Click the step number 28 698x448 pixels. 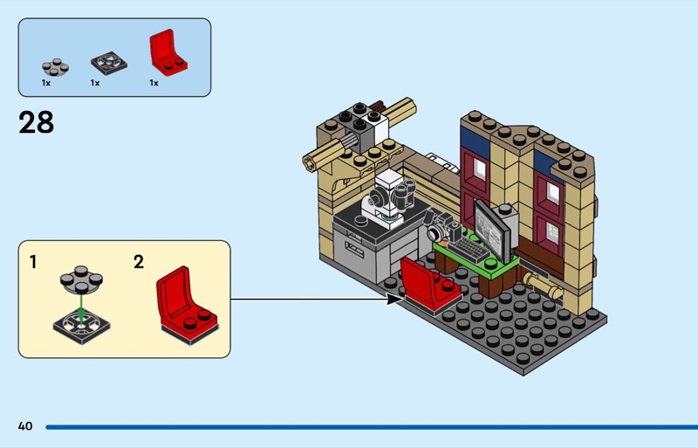[36, 122]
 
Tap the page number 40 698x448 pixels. [24, 426]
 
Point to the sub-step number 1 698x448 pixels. [33, 261]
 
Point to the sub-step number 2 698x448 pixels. [139, 261]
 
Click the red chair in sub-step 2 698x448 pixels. [185, 301]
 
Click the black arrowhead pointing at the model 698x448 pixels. [395, 299]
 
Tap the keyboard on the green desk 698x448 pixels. [469, 247]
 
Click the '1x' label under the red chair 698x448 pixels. [154, 83]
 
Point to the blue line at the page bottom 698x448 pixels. [366, 427]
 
